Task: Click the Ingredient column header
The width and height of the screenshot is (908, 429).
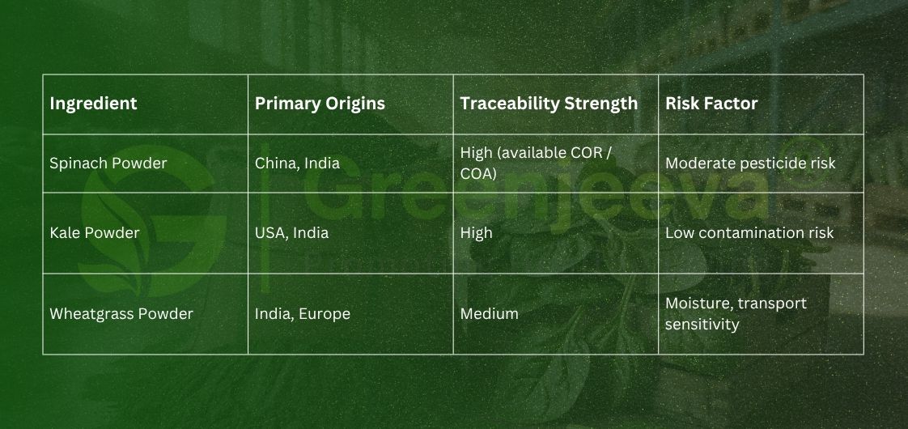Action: point(93,104)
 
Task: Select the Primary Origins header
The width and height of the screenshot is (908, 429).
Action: point(320,104)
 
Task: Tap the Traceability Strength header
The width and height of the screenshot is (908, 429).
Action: point(549,104)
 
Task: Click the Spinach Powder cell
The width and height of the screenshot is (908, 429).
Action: point(108,164)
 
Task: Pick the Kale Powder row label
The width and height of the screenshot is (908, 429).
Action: point(94,233)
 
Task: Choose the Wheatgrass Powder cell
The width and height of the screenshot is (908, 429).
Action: point(121,314)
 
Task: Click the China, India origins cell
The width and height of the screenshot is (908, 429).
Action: point(297,164)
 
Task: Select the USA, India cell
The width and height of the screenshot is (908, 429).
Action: point(291,233)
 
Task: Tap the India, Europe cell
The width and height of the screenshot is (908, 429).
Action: point(303,314)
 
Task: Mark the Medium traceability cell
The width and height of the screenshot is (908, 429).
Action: point(489,314)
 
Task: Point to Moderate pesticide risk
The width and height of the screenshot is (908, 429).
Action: point(750,164)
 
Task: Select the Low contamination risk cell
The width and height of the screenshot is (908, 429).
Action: point(749,233)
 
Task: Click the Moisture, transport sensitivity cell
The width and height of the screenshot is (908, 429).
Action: point(736,314)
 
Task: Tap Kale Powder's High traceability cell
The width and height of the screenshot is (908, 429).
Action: point(476,233)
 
